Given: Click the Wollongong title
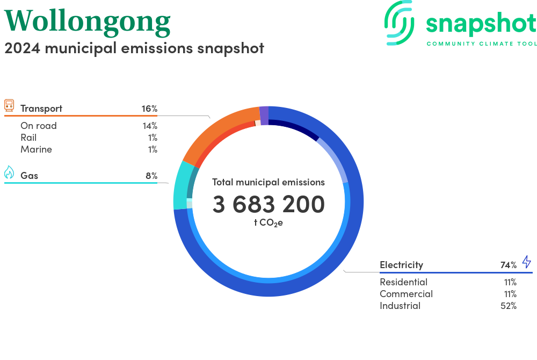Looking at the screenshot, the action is coord(88,22).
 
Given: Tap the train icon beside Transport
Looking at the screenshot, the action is coord(9,105).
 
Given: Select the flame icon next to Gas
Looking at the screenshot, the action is coord(9,172).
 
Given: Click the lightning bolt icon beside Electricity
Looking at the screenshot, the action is coord(527,262).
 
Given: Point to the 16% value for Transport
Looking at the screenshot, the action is coord(149,109).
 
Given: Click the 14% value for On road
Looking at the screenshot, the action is coord(150,126).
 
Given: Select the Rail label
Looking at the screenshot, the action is coord(28,138).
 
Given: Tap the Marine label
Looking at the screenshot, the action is coord(37,149).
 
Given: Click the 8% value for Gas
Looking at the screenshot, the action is coord(151,176).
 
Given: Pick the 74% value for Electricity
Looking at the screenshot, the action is coord(508,265).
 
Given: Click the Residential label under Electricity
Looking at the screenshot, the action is coord(403,282).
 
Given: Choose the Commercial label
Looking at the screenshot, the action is coord(406,294).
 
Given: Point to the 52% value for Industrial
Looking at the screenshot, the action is coord(508,306).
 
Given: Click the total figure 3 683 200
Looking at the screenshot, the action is coord(268,204).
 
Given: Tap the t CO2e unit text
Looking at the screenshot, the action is coord(268,223).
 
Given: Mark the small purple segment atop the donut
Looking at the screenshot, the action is coord(264,116).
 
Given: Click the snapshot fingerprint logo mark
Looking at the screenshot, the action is coord(400,23).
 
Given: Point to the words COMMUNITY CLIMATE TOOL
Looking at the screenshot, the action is coord(482,44).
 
